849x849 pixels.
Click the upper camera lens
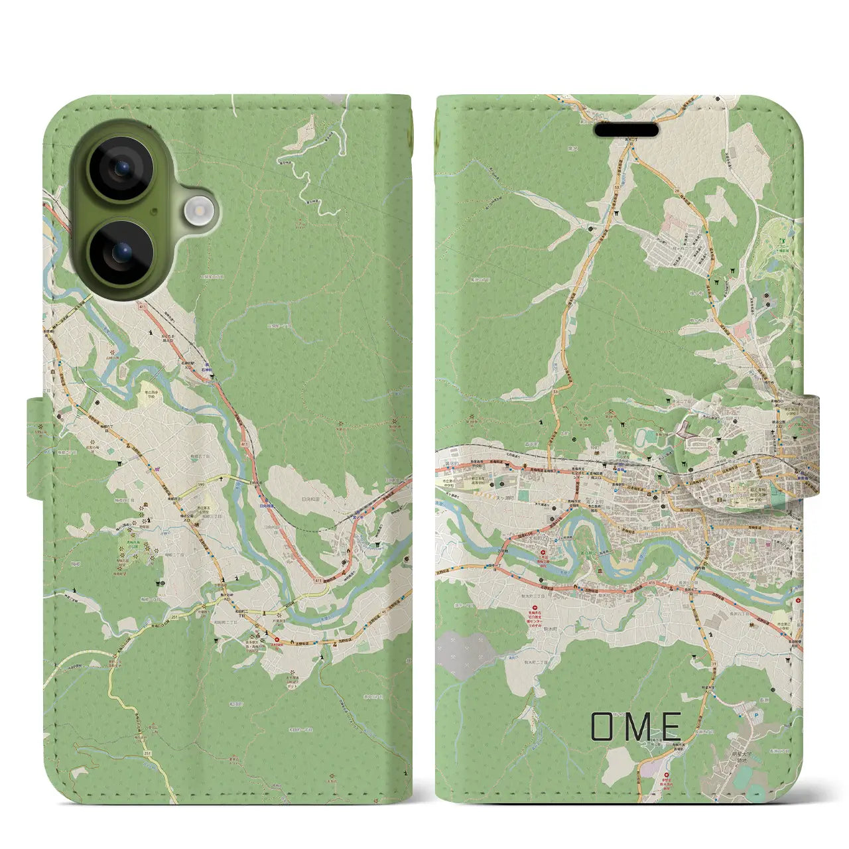click(x=121, y=168)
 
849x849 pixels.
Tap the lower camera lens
click(x=121, y=252)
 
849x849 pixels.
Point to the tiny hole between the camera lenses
click(x=153, y=211)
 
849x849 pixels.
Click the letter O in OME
click(x=605, y=726)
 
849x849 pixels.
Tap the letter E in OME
click(x=670, y=726)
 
